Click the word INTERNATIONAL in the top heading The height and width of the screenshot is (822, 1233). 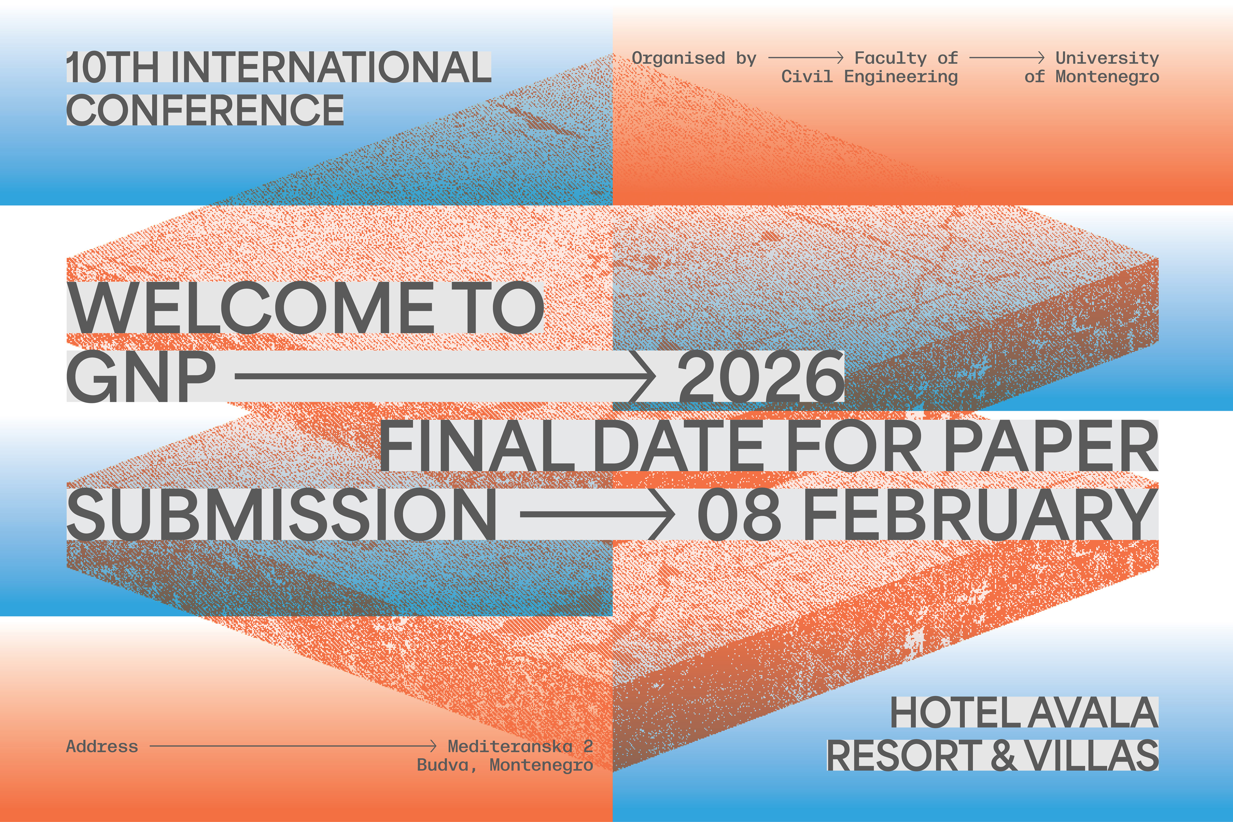click(330, 68)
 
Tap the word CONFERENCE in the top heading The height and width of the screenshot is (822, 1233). click(205, 110)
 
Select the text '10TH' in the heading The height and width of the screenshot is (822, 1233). click(113, 68)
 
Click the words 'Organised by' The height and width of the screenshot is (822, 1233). click(694, 58)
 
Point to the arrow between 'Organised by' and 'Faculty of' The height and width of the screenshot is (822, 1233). click(805, 58)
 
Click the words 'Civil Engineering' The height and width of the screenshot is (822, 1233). click(869, 77)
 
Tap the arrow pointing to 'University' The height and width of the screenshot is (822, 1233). click(1007, 58)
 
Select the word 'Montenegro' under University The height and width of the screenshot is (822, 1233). click(1107, 77)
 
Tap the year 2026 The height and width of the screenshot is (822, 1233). click(760, 377)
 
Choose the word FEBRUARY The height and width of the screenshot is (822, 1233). click(980, 514)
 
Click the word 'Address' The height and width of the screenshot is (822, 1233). click(102, 746)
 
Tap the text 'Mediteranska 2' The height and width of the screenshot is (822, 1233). click(520, 746)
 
